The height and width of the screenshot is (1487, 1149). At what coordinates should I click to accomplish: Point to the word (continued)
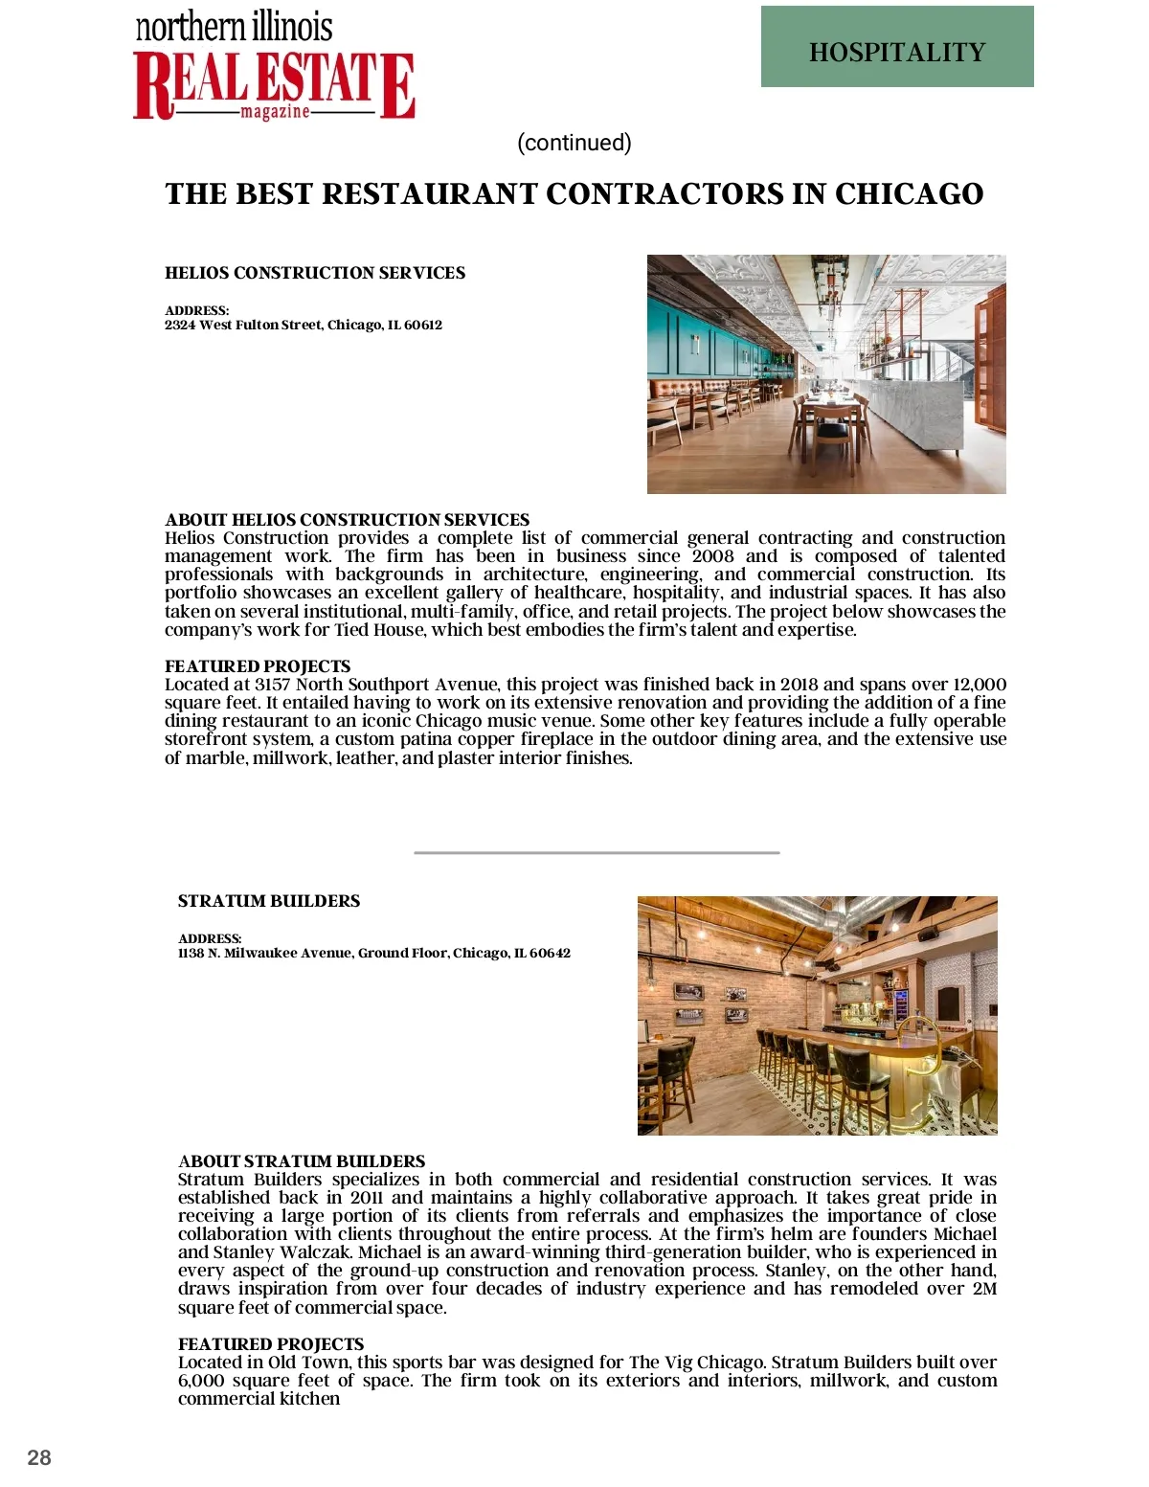[574, 143]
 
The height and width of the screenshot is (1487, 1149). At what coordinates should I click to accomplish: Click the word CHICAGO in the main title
[909, 194]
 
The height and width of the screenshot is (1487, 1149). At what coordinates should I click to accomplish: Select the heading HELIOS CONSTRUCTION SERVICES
[315, 273]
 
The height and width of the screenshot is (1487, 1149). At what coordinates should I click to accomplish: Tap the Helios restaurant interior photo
[826, 373]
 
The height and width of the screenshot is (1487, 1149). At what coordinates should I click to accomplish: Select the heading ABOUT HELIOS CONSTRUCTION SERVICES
[347, 520]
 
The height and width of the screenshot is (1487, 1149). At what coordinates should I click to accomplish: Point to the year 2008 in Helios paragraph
[712, 556]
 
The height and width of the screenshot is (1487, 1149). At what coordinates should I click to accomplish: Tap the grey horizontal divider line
[597, 852]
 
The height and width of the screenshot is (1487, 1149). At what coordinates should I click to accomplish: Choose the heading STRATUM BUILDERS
[269, 901]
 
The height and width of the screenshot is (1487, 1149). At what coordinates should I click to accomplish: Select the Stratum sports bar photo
[817, 1015]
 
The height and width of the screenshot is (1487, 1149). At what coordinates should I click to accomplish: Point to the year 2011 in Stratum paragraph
[367, 1198]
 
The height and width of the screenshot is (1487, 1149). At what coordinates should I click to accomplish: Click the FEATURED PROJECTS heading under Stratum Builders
[271, 1344]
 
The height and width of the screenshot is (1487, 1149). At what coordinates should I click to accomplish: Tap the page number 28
[39, 1457]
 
